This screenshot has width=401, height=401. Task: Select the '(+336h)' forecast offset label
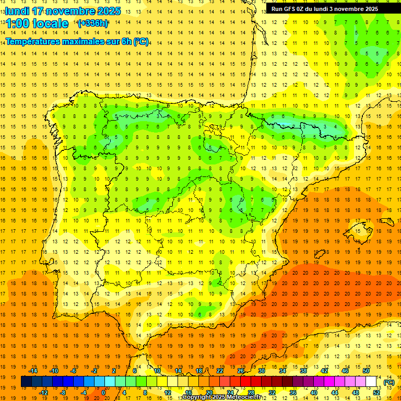(x=93, y=23)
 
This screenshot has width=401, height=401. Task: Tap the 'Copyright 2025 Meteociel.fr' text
(x=221, y=397)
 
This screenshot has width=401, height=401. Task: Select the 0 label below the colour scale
(x=103, y=393)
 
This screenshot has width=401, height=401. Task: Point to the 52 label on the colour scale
(x=376, y=393)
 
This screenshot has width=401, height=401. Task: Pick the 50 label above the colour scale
(x=366, y=371)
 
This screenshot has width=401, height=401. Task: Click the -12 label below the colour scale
(x=43, y=393)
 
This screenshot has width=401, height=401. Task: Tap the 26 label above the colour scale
(x=241, y=371)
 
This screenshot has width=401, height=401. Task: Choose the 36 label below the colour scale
(x=293, y=393)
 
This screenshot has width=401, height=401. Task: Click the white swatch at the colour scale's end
(x=371, y=382)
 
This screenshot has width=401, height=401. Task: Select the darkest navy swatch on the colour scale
(x=26, y=382)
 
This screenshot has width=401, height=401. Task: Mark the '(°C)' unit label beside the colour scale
(x=389, y=382)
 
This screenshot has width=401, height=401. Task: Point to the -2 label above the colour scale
(x=95, y=371)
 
